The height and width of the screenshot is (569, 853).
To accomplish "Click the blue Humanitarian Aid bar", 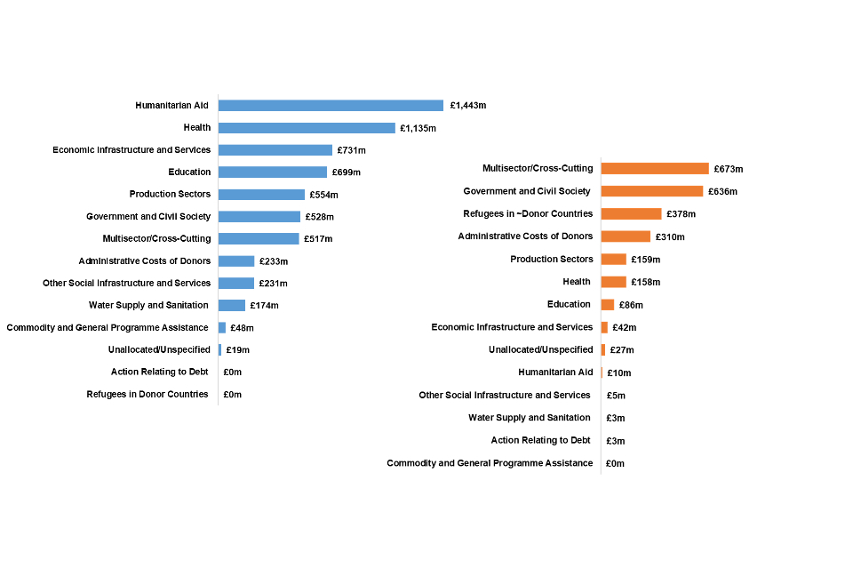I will tap(331, 106).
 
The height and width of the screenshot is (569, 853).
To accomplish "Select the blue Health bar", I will tap(307, 128).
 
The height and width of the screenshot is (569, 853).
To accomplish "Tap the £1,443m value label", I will tap(468, 106).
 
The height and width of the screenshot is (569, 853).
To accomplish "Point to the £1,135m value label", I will tap(418, 128).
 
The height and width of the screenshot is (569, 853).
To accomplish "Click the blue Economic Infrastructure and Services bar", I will tap(275, 150).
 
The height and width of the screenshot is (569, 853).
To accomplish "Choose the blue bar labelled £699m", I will tap(273, 172).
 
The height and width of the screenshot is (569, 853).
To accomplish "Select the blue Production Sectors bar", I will tap(261, 195).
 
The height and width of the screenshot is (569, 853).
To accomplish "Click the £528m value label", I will tap(322, 217).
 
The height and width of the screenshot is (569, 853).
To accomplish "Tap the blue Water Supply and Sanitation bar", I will tap(232, 306).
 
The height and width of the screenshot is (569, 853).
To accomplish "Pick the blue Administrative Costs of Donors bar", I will tap(236, 261).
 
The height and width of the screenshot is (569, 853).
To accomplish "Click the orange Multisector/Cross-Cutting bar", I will tap(655, 169).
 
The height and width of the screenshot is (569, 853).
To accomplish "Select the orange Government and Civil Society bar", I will tap(652, 191).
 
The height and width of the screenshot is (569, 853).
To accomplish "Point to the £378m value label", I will tap(682, 214).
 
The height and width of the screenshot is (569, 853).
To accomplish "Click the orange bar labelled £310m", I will tap(626, 236).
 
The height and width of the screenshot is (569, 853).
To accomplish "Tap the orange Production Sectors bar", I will tap(614, 260).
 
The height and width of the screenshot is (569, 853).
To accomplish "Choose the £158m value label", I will tap(646, 283).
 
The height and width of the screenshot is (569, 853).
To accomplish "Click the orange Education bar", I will tap(608, 305).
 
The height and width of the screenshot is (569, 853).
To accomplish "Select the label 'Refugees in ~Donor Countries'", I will tap(528, 214).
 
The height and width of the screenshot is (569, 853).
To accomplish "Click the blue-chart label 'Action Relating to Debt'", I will tap(160, 373).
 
